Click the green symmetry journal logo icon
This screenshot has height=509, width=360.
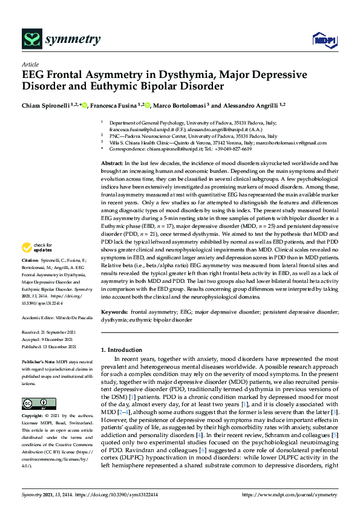31,39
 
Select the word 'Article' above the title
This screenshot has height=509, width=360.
30,63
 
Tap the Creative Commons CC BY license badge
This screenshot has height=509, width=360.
34,403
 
